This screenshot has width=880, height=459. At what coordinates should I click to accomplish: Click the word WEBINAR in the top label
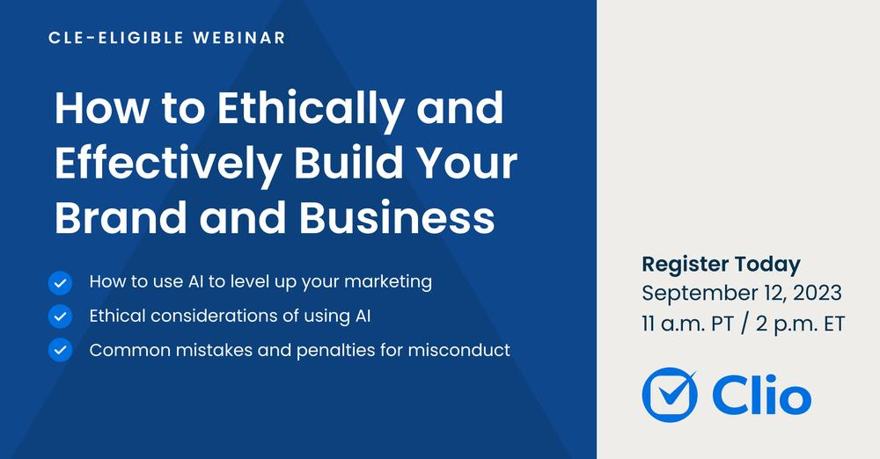pyautogui.click(x=239, y=38)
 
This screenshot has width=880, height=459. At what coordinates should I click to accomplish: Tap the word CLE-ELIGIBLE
pyautogui.click(x=116, y=38)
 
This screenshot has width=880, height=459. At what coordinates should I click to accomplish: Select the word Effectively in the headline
pyautogui.click(x=168, y=164)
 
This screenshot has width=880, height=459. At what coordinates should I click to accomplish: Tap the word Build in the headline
pyautogui.click(x=344, y=162)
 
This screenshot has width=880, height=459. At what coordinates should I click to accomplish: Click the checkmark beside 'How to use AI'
pyautogui.click(x=60, y=283)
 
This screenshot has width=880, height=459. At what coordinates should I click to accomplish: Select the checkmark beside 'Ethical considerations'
pyautogui.click(x=60, y=317)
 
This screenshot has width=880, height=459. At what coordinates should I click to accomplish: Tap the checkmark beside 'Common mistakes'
pyautogui.click(x=60, y=350)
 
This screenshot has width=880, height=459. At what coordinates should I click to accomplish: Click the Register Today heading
pyautogui.click(x=722, y=265)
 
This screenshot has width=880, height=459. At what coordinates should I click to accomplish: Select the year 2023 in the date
pyautogui.click(x=818, y=294)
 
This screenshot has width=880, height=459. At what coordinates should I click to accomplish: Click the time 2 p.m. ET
pyautogui.click(x=800, y=324)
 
